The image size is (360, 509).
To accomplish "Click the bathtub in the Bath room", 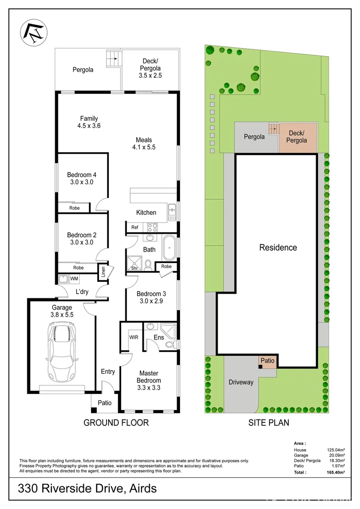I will [169, 248].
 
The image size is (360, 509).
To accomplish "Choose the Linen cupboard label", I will [102, 272].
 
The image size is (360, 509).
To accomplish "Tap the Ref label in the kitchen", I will [135, 227].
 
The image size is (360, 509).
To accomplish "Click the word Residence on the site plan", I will [278, 247].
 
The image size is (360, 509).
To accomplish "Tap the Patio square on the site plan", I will [267, 361].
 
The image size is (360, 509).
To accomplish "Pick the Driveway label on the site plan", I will [241, 382].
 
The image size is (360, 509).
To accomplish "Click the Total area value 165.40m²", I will [336, 471].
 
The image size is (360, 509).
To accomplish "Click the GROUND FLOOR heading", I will [116, 423].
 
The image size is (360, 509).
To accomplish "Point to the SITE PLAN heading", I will [269, 423].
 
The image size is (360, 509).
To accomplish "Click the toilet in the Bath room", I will [148, 265].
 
